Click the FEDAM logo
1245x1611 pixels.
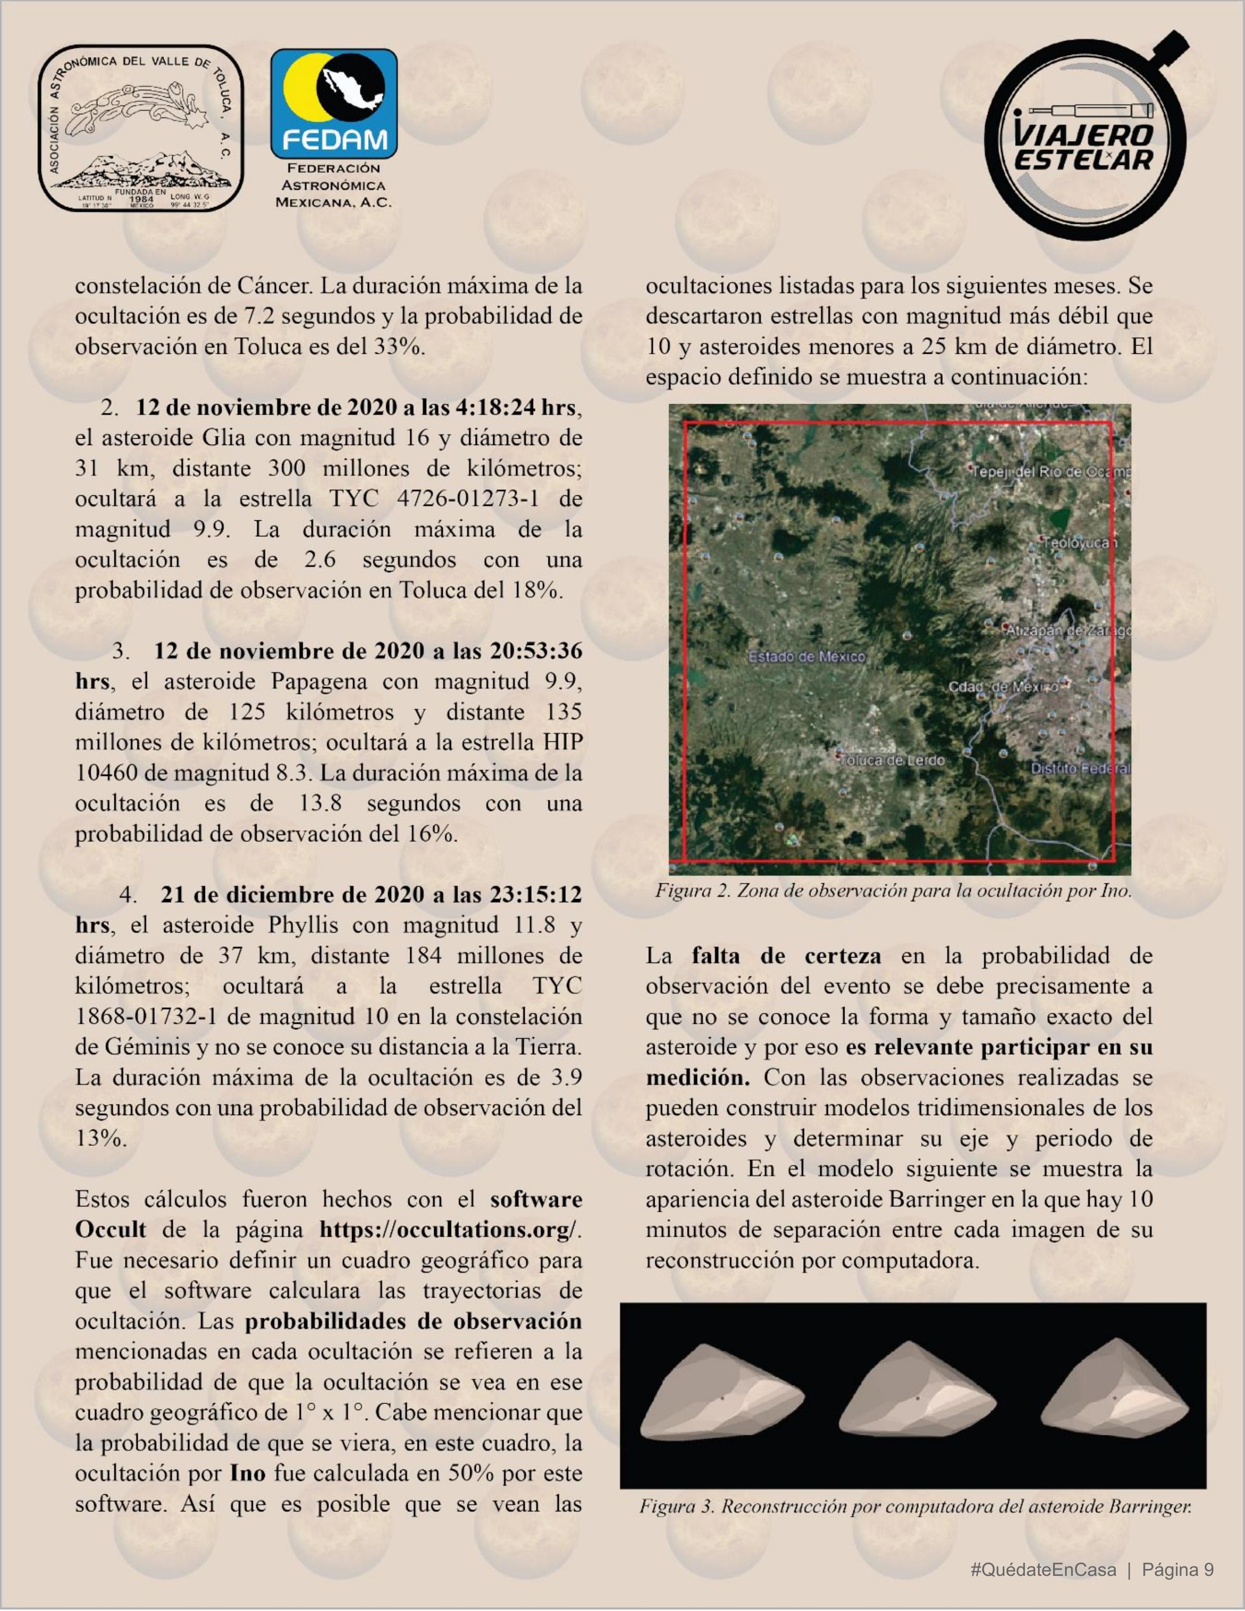pyautogui.click(x=333, y=105)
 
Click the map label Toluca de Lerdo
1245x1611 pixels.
pyautogui.click(x=892, y=760)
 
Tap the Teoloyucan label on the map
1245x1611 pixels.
pyautogui.click(x=1079, y=543)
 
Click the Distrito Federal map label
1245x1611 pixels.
pyautogui.click(x=1079, y=769)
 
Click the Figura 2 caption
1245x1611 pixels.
pyautogui.click(x=893, y=891)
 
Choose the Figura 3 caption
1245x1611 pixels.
pyautogui.click(x=915, y=1506)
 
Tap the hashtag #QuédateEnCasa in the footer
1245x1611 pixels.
pyautogui.click(x=1043, y=1570)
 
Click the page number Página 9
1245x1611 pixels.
pyautogui.click(x=1177, y=1570)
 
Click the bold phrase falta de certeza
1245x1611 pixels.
pyautogui.click(x=786, y=956)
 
